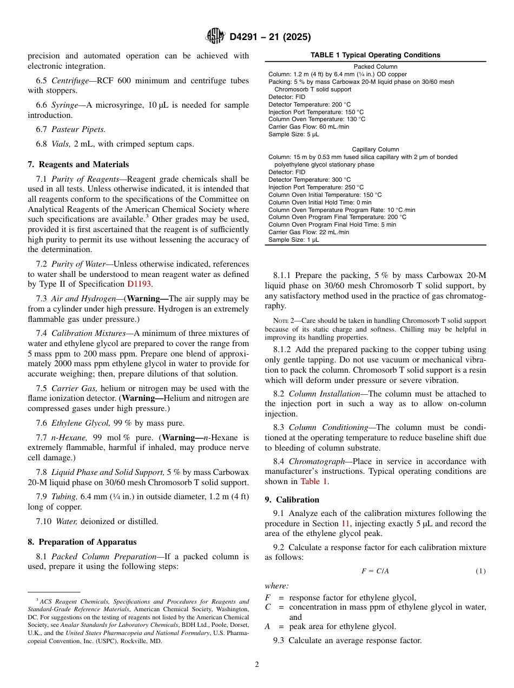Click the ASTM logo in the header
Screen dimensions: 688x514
pos(215,36)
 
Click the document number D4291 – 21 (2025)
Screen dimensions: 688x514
pos(270,37)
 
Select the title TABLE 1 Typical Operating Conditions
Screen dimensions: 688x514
pos(375,55)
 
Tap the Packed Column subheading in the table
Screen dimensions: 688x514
pos(375,67)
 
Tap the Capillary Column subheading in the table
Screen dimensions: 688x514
pos(375,149)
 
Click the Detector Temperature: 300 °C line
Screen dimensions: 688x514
pos(309,180)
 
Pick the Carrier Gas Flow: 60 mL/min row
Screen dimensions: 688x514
pos(308,127)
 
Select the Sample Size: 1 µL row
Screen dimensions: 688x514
pos(293,240)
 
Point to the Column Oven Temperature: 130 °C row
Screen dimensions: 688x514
pos(317,119)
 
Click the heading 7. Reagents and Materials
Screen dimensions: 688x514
pos(78,164)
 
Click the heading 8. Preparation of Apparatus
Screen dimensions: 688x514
pos(82,542)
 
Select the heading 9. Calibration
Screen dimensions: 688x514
pos(292,500)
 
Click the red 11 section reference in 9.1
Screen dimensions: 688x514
pos(345,524)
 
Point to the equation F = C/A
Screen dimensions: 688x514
pos(375,571)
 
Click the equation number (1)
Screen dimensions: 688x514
pos(480,571)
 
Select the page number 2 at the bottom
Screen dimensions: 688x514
pos(257,665)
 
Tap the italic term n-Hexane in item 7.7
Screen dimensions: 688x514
pos(69,438)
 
